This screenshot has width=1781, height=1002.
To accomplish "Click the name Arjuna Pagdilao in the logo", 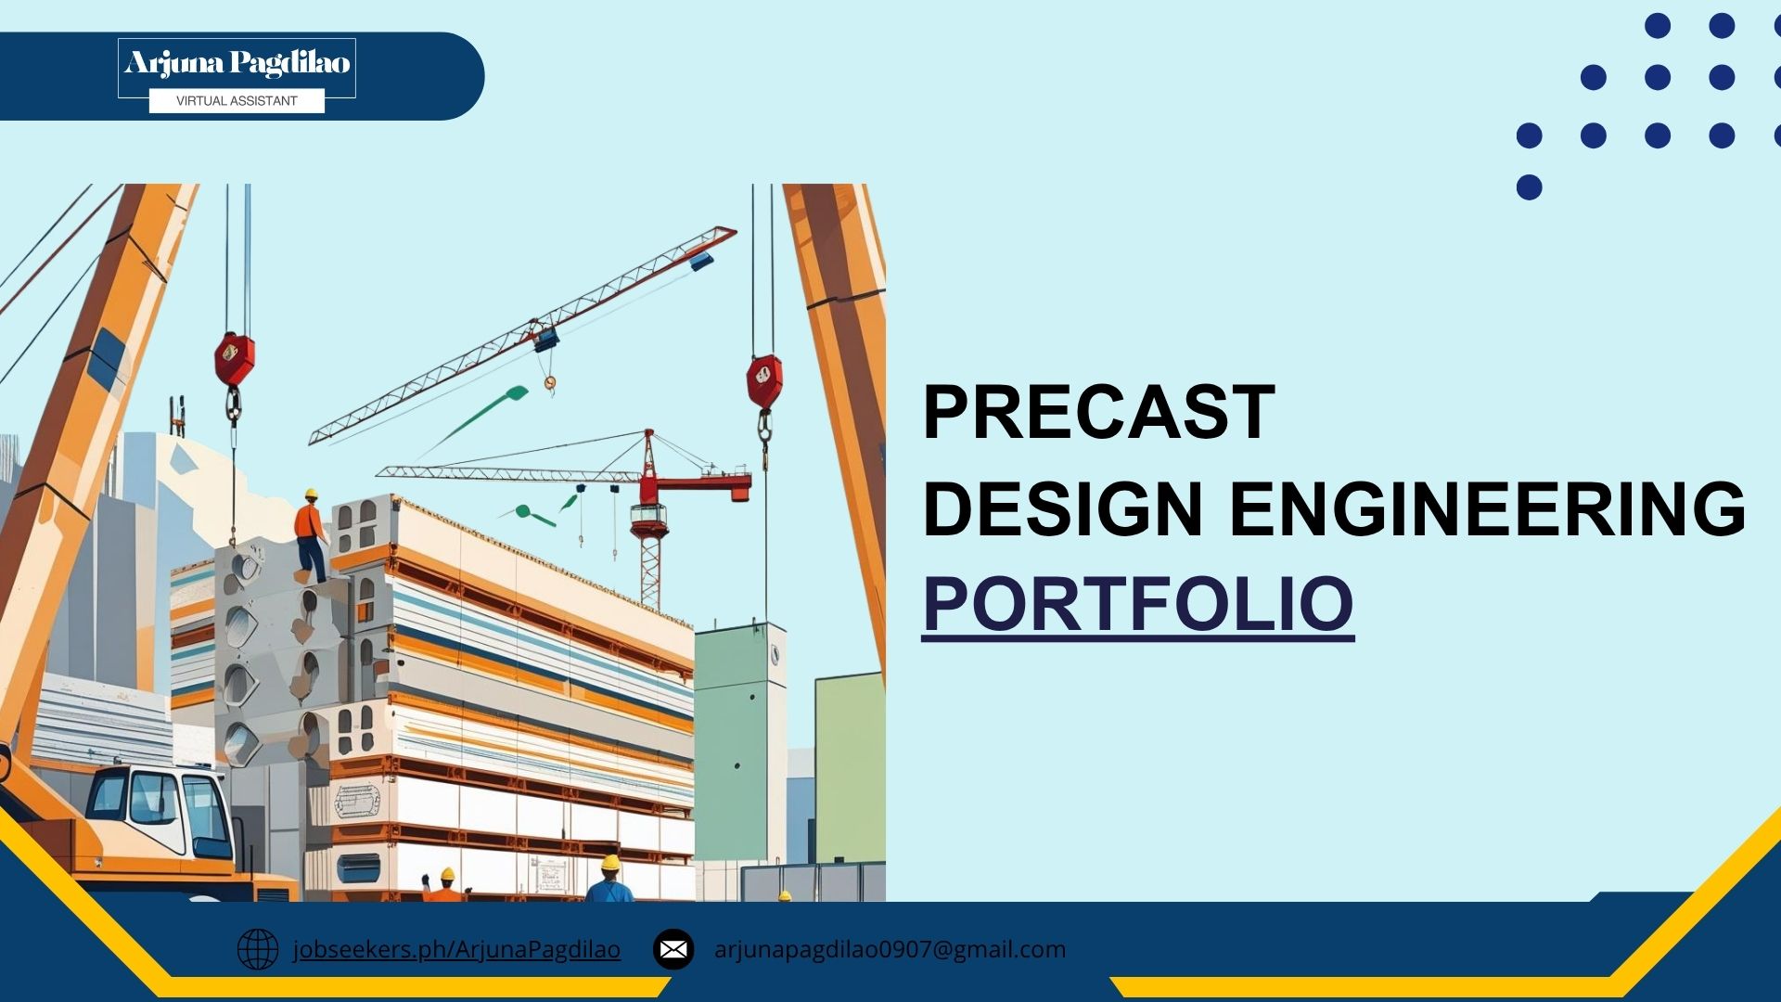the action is click(237, 63).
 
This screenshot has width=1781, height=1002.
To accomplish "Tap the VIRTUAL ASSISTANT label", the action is click(237, 101).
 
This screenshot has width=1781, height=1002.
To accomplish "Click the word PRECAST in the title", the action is click(1099, 412).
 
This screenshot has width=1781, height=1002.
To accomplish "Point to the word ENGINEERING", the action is click(1488, 508).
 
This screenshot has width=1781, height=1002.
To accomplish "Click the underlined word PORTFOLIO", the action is click(1138, 605).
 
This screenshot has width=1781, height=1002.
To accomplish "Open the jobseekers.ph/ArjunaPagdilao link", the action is click(456, 950).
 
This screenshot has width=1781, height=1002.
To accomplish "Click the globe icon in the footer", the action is click(258, 949).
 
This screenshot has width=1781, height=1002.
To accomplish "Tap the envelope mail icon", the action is click(673, 949).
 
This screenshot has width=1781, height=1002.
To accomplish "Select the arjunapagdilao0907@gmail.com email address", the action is click(890, 950).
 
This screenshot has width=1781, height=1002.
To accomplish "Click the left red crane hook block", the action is click(234, 358).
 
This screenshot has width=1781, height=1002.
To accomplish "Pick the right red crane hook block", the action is click(764, 380).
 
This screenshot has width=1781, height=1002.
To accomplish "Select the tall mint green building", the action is click(740, 742).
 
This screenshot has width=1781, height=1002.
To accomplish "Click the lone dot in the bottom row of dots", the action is click(1530, 187).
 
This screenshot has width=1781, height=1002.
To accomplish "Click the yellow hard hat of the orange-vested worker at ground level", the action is click(448, 874).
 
